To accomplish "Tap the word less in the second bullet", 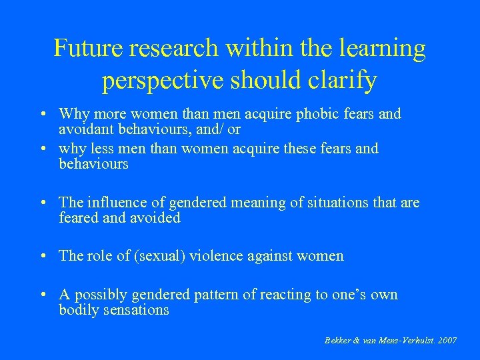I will coord(100,148).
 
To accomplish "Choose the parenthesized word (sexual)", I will coord(155,256).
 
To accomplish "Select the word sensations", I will coord(138,310).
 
